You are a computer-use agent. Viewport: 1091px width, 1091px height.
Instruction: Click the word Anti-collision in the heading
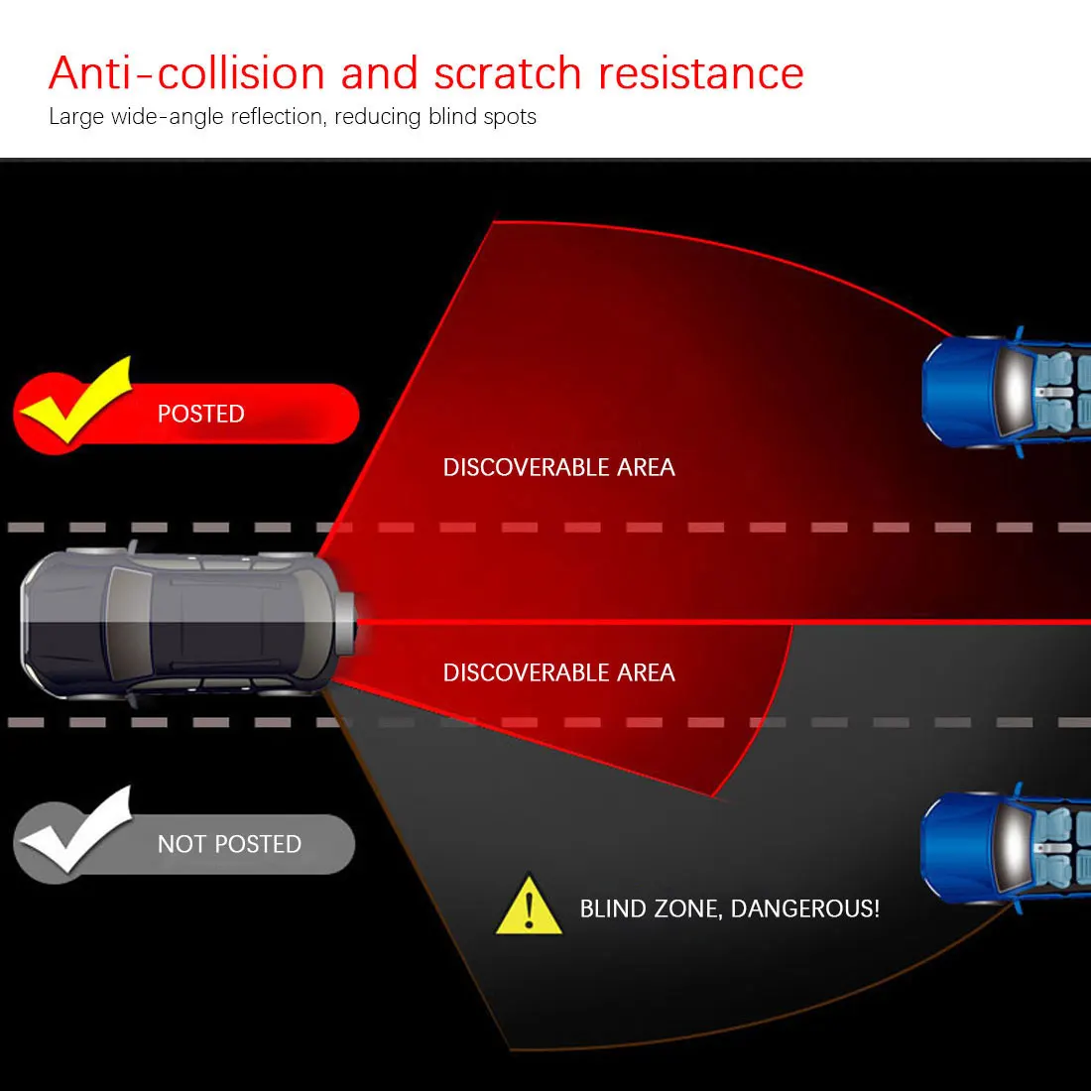186,73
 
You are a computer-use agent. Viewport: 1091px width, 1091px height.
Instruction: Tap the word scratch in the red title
507,73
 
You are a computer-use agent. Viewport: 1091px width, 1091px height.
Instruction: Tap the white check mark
74,832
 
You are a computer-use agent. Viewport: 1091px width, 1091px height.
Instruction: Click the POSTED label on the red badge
200,414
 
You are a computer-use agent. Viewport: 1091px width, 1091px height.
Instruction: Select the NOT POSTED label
229,844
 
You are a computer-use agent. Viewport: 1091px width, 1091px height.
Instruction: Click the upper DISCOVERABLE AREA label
558,467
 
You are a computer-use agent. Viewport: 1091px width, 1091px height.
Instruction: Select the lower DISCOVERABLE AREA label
558,672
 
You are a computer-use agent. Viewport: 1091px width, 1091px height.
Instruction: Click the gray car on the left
179,622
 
